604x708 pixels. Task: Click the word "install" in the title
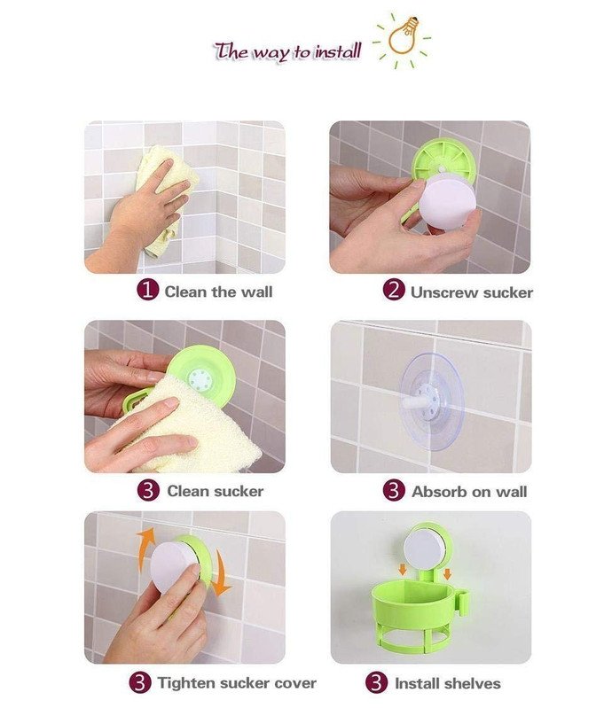338,51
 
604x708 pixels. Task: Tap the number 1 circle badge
148,290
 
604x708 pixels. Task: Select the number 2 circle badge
394,290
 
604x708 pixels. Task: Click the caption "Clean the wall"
218,292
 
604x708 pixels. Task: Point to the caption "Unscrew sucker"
472,292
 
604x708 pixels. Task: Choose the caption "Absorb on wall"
469,491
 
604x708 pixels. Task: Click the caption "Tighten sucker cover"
237,682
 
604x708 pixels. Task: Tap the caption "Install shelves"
448,683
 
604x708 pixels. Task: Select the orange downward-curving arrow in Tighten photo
221,572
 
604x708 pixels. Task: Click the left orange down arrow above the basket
402,571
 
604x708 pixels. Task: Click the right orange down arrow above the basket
447,574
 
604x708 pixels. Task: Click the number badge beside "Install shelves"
377,683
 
